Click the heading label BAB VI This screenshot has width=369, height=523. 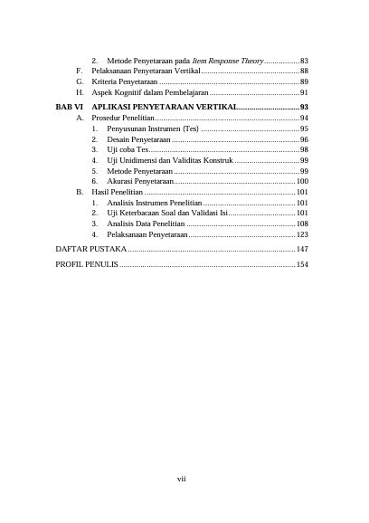69,107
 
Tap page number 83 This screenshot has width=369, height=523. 305,60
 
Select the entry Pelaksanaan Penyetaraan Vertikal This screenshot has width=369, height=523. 145,71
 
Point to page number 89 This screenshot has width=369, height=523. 305,81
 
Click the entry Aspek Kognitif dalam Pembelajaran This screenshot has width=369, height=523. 150,92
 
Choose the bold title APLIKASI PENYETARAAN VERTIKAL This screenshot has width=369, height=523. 165,107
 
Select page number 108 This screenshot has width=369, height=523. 302,223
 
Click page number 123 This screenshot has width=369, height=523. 302,234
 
